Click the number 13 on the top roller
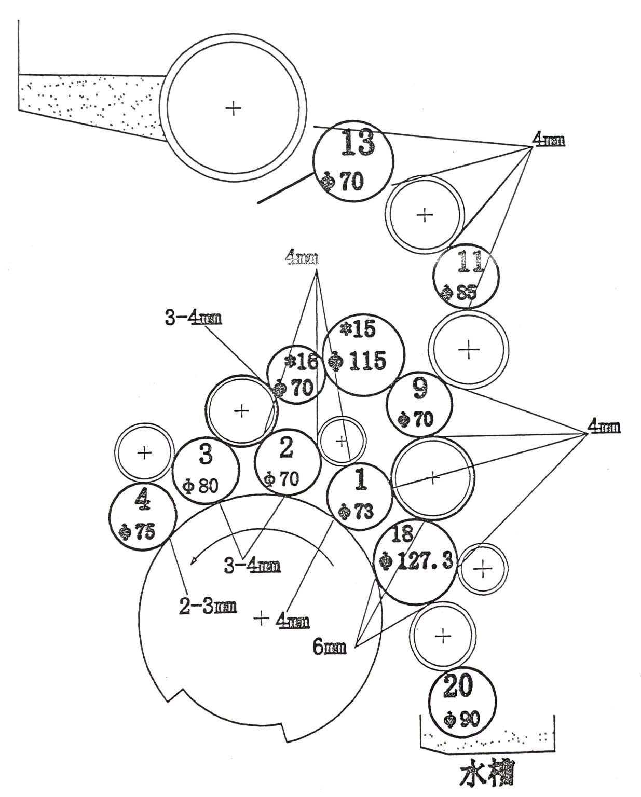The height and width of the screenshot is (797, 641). [358, 143]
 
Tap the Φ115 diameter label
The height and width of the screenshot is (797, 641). [359, 360]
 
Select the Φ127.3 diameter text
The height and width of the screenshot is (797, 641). [417, 561]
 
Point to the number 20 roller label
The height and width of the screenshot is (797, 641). [458, 686]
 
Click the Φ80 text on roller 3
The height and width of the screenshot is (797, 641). [201, 486]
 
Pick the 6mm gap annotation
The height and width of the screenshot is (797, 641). [330, 647]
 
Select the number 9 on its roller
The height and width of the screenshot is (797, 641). [420, 389]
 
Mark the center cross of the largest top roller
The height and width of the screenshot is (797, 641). [234, 108]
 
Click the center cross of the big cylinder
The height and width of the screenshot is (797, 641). [262, 617]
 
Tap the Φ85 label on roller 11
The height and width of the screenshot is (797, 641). [459, 292]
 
